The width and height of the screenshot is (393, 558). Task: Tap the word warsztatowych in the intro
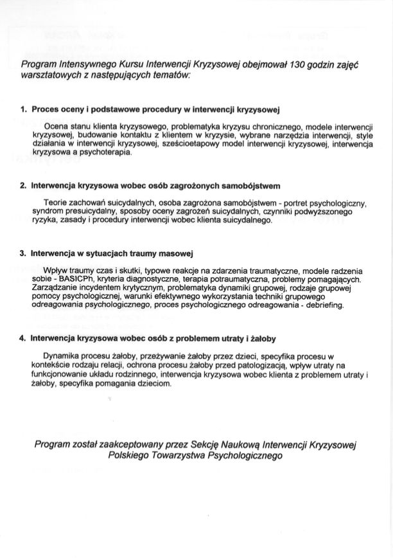tap(49, 75)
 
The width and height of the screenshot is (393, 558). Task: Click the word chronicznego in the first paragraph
tap(265, 127)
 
